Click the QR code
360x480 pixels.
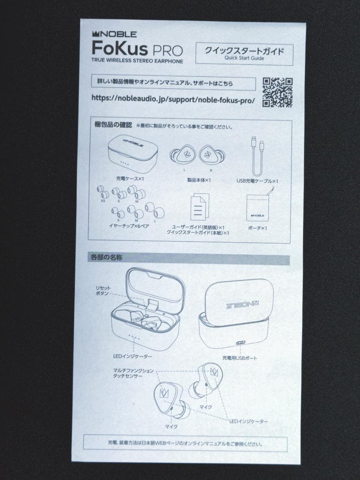pos(277,93)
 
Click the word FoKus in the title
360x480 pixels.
pos(117,47)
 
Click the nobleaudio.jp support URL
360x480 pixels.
pos(173,99)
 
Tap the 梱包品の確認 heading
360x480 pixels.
pos(111,126)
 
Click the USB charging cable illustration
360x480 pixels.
pos(257,156)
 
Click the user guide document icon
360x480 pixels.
pos(198,206)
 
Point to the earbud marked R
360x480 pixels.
pos(211,155)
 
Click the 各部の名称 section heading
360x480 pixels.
pos(107,256)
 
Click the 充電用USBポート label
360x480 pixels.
pos(240,357)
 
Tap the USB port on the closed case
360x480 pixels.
pos(241,343)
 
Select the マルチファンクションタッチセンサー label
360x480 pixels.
pos(133,373)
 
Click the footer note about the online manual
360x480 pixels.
pos(184,443)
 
